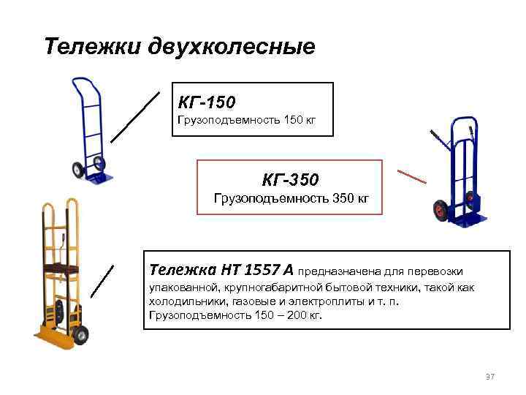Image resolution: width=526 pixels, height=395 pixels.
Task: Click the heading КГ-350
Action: click(291, 178)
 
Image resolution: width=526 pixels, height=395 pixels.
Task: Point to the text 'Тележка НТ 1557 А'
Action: click(221, 269)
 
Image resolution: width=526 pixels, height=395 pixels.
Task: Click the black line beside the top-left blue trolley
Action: click(135, 116)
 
